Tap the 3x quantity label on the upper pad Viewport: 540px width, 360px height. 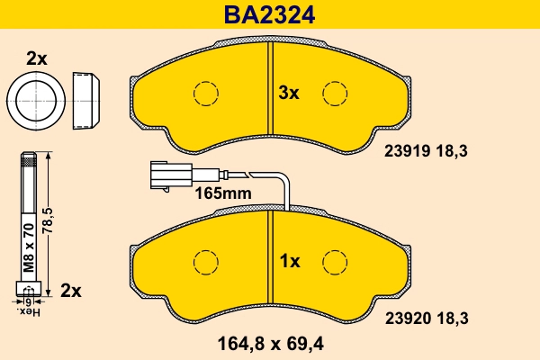coord(288,93)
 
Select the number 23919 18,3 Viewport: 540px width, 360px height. coord(428,153)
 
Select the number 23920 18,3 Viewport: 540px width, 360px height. coord(428,317)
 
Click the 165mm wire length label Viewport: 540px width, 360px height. coord(222,193)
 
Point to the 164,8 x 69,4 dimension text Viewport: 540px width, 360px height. coord(270,342)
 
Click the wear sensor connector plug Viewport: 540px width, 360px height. coord(166,175)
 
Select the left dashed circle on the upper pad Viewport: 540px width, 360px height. coord(206,93)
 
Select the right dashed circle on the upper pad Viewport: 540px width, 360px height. coord(336,93)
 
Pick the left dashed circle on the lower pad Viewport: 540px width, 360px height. coord(206,261)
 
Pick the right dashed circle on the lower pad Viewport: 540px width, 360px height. coord(336,261)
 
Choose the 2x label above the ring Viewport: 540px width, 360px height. coord(36,58)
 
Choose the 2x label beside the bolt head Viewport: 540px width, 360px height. coord(70,291)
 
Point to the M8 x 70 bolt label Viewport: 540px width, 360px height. coord(27,247)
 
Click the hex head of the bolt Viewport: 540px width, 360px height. coord(27,289)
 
